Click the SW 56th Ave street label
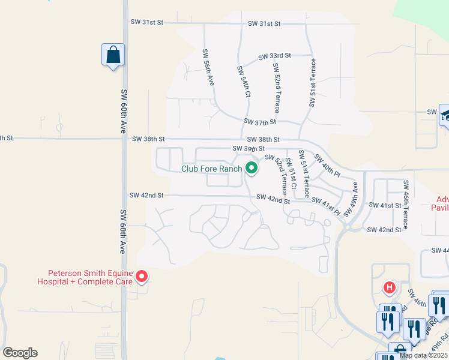click(x=208, y=67)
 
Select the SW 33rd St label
click(x=274, y=56)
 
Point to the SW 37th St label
click(x=259, y=122)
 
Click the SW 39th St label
click(x=249, y=148)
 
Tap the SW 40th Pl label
click(x=327, y=164)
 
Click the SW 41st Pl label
click(x=325, y=208)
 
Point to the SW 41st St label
click(x=384, y=205)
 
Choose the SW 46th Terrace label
click(x=406, y=205)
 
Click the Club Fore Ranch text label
click(x=212, y=169)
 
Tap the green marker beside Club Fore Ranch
click(x=252, y=169)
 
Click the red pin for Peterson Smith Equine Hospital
click(x=142, y=276)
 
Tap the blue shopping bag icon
click(x=113, y=55)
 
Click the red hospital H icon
click(x=390, y=288)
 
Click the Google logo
click(x=20, y=353)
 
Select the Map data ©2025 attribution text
click(x=424, y=355)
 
